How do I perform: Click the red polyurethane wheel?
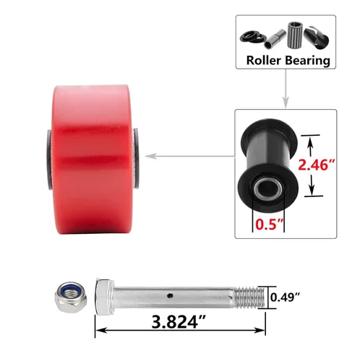[93, 159]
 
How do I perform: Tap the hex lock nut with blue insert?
[71, 297]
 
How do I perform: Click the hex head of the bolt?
[104, 297]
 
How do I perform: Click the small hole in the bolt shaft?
[170, 295]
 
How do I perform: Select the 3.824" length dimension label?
[179, 322]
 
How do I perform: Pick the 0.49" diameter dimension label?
[285, 297]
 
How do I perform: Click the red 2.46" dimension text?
[317, 165]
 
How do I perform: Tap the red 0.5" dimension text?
[269, 225]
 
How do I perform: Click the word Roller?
[263, 60]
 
